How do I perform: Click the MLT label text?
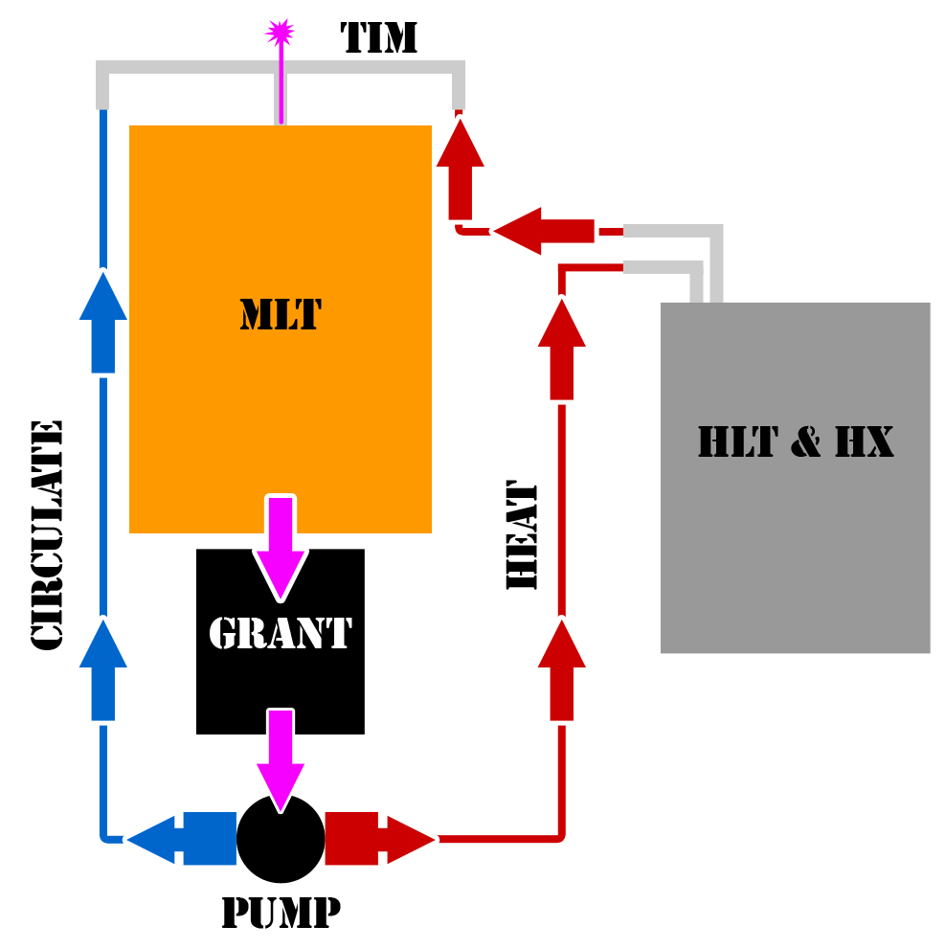click(x=280, y=315)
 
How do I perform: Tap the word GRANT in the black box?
click(x=280, y=633)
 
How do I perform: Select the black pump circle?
click(x=281, y=839)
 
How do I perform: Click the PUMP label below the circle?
click(x=281, y=913)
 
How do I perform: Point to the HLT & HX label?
click(x=796, y=442)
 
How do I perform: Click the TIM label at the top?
click(x=379, y=37)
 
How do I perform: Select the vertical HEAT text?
click(x=522, y=536)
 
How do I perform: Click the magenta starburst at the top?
click(x=280, y=32)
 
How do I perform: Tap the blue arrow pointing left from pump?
click(x=182, y=839)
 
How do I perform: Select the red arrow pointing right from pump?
click(x=379, y=839)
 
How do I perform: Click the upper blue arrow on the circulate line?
click(x=102, y=322)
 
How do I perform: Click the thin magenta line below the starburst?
click(x=281, y=86)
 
